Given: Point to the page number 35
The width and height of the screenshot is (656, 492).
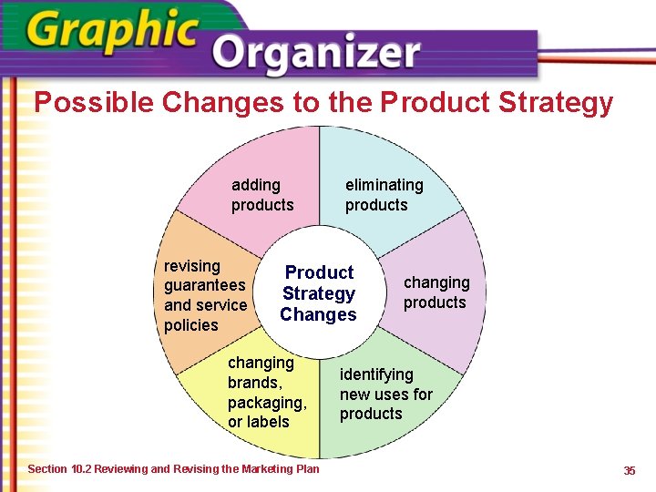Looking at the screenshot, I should click(x=629, y=470).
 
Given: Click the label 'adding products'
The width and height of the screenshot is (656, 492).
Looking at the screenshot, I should click(x=262, y=195).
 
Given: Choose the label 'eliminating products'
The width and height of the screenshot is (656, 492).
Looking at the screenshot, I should click(x=384, y=195).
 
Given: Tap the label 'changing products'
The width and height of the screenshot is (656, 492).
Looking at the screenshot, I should click(x=436, y=292).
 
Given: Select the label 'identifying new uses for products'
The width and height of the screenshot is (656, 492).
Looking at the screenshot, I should click(x=385, y=394).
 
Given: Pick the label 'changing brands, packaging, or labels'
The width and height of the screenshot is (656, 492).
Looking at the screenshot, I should click(x=267, y=392).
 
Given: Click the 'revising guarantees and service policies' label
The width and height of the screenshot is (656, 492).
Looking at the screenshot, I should click(x=205, y=295).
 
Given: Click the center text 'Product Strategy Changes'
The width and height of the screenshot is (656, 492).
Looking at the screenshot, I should click(x=319, y=293).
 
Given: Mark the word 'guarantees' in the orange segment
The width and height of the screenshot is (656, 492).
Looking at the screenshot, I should click(x=205, y=285).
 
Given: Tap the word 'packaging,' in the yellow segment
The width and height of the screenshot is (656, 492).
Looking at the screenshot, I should click(x=267, y=402).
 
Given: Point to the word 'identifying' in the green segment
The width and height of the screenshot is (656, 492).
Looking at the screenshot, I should click(x=376, y=374).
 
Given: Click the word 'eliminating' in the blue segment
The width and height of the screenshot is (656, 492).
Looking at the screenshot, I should click(x=384, y=185).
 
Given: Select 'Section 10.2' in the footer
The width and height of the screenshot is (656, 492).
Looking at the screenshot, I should click(x=60, y=469).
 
